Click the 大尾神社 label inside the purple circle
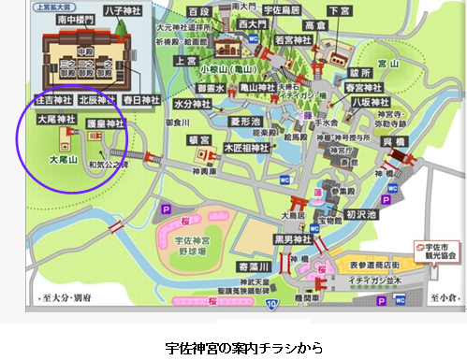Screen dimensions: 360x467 [52, 121]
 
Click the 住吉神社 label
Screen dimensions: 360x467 [52, 97]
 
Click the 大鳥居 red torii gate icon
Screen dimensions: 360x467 [305, 201]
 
